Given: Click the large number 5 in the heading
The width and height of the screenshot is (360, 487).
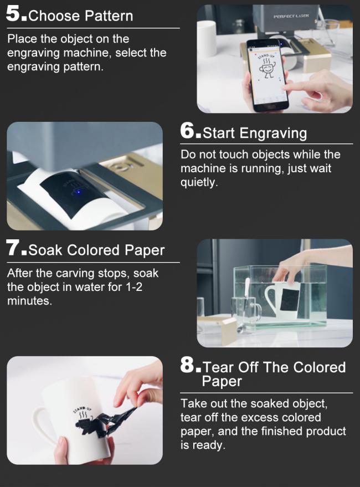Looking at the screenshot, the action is (13, 14).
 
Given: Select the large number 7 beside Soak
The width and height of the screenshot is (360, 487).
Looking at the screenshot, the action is (13, 248).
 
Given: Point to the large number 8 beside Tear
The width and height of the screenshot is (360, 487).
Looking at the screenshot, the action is (187, 365).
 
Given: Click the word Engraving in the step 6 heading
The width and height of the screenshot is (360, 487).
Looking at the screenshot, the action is (273, 133).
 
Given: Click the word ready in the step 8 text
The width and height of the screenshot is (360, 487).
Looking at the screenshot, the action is (207, 445).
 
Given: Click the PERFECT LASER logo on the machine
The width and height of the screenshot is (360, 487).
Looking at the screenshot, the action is (291, 16).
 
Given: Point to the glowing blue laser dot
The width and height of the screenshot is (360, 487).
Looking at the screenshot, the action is (78, 192).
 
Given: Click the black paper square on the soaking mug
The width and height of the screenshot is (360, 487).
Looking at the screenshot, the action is (290, 299).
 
